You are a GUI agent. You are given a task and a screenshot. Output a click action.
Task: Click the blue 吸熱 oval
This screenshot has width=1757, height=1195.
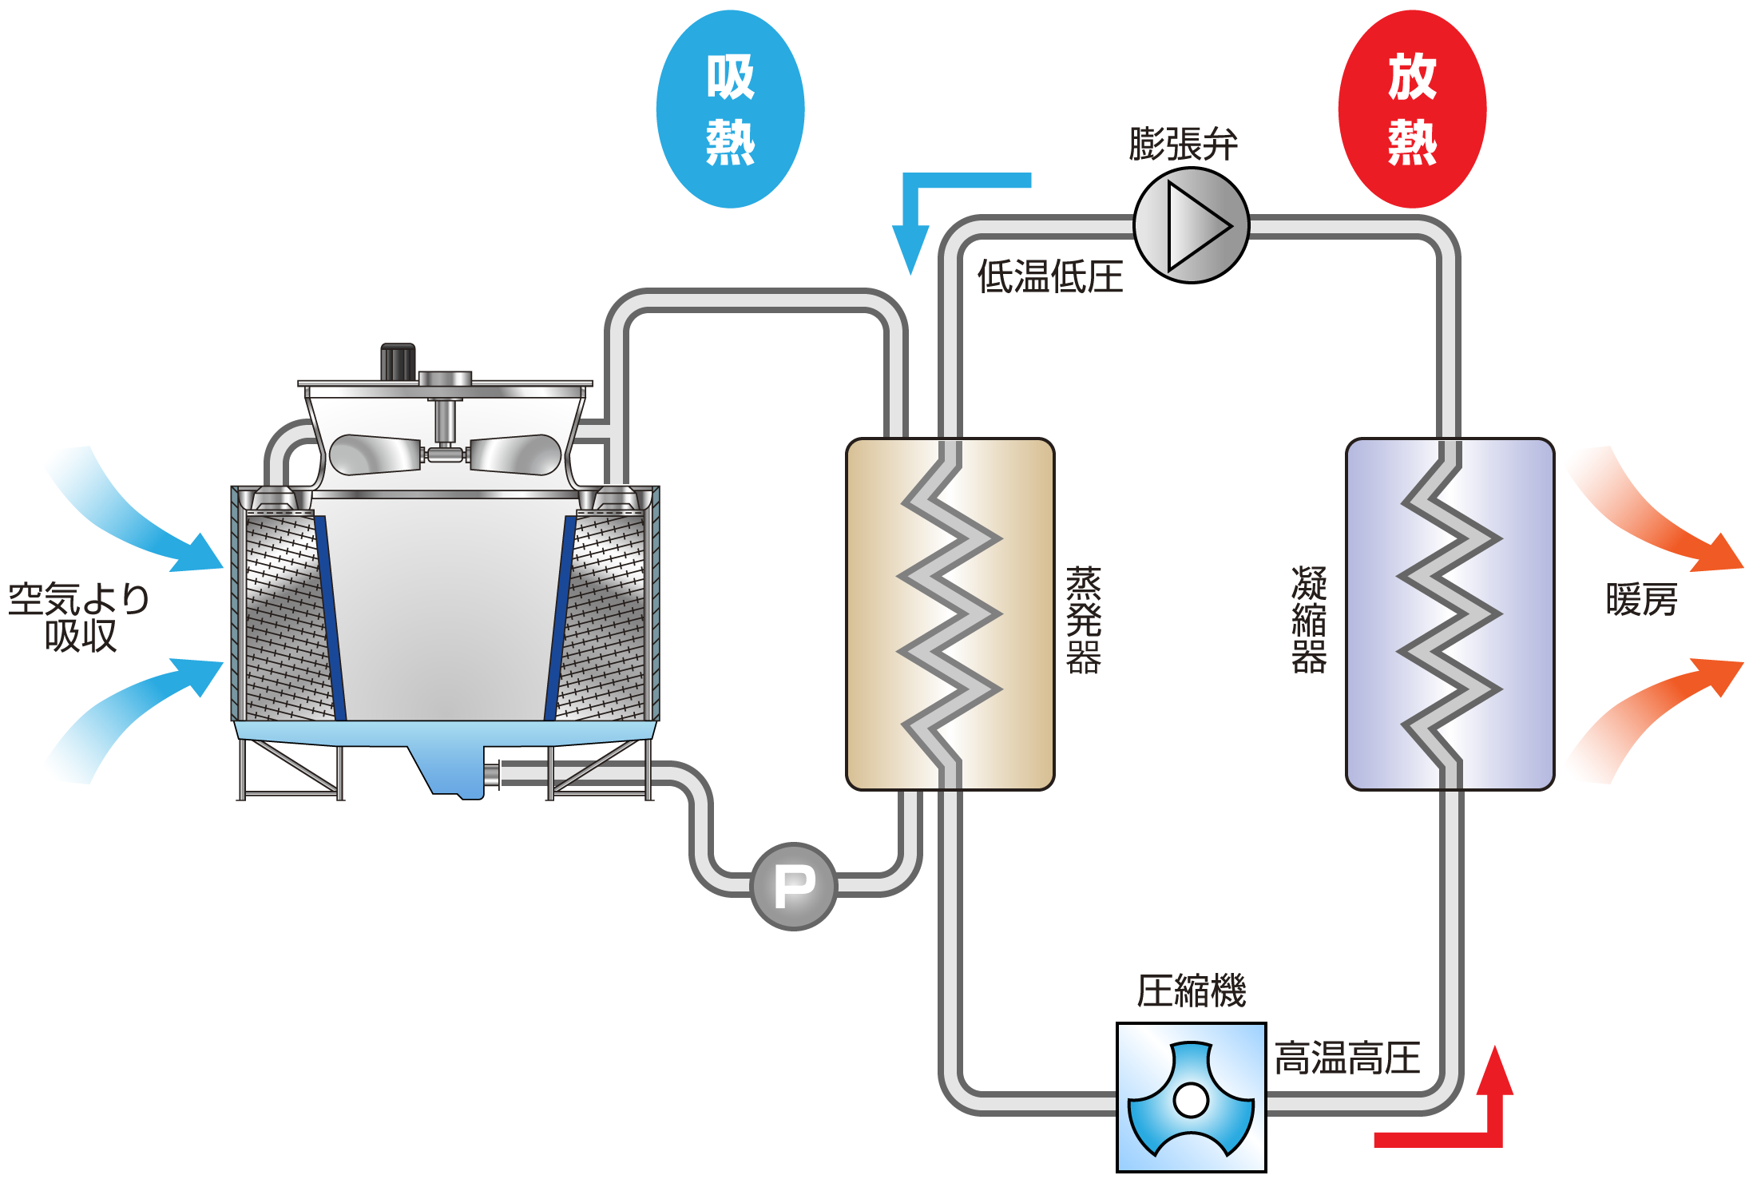point(730,109)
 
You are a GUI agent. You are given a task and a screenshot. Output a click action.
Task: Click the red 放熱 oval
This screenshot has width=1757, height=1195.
point(1411,109)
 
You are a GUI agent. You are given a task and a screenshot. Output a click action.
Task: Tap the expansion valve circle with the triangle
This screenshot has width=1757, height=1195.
point(1191,226)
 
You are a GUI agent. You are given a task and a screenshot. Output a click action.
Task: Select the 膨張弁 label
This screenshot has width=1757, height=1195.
point(1183,145)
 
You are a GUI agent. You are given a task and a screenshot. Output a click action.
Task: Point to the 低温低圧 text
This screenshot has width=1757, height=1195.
point(1049,277)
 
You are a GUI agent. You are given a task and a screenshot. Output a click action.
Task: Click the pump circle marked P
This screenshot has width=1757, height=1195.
point(794,886)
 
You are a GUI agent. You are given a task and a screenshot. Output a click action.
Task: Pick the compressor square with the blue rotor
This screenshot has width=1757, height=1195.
point(1191,1098)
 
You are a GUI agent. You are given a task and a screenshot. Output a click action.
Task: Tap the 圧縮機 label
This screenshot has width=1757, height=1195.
point(1191,991)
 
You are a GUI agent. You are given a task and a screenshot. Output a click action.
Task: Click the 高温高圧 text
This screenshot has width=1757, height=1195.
point(1347,1058)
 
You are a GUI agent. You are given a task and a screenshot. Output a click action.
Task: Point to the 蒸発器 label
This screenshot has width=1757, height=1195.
point(1084,620)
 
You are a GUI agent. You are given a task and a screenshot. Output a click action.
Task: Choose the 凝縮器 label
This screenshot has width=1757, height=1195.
point(1309,620)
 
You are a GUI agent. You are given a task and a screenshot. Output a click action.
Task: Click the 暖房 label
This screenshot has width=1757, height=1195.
point(1641,600)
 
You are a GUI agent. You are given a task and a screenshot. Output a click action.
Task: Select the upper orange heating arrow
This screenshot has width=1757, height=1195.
point(1661,519)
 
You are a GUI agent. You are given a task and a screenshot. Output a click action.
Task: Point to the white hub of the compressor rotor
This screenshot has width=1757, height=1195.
point(1191,1100)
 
